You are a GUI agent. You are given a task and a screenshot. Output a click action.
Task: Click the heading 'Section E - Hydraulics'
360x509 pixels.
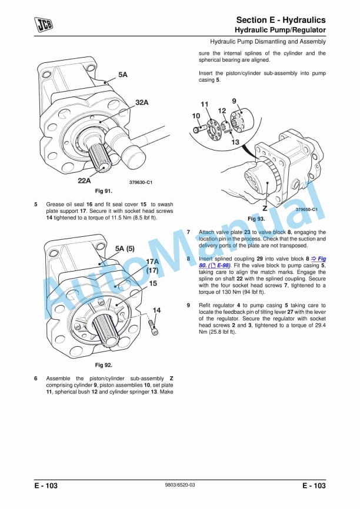pyautogui.click(x=281, y=20)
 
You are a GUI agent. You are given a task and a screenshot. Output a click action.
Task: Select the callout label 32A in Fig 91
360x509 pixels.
pyautogui.click(x=142, y=102)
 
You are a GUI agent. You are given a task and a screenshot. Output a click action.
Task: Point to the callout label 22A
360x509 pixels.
pyautogui.click(x=84, y=180)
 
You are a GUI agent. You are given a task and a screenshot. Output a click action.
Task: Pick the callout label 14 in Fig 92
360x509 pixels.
pyautogui.click(x=156, y=310)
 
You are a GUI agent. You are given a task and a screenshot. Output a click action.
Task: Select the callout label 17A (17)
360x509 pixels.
pyautogui.click(x=152, y=266)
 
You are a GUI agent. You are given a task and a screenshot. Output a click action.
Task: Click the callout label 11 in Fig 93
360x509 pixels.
pyautogui.click(x=204, y=104)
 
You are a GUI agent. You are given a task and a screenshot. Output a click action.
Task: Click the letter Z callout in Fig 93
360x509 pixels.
pyautogui.click(x=265, y=207)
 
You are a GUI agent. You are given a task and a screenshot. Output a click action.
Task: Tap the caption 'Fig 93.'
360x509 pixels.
pyautogui.click(x=256, y=219)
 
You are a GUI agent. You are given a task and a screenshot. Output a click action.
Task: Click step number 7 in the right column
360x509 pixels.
pyautogui.click(x=188, y=233)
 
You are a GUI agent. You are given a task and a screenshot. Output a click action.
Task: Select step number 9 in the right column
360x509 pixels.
pyautogui.click(x=188, y=306)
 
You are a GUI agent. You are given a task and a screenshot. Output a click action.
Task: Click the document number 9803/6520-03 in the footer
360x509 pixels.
pyautogui.click(x=179, y=485)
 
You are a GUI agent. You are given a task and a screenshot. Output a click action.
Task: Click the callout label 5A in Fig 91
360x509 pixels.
pyautogui.click(x=122, y=75)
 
